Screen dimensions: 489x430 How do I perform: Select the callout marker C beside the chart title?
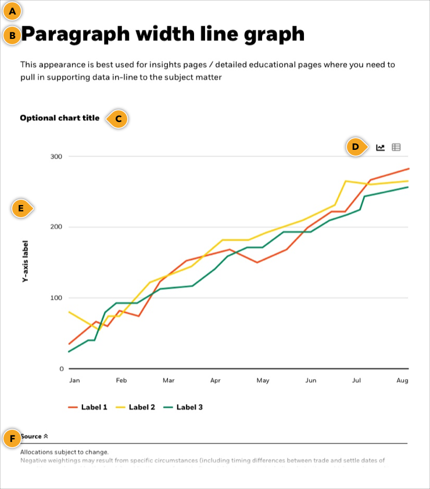(x=118, y=118)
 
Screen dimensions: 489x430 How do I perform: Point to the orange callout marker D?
(x=356, y=147)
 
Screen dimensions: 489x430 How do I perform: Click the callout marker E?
(x=21, y=208)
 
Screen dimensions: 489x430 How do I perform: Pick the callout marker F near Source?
(x=12, y=438)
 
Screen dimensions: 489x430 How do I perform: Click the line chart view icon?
(x=381, y=148)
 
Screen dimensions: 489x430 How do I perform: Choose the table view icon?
(x=396, y=148)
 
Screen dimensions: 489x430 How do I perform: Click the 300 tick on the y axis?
(x=57, y=157)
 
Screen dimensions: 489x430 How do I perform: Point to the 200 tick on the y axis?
(x=57, y=227)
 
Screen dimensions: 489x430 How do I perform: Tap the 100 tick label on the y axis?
(x=57, y=298)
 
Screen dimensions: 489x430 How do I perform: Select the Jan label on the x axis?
(x=74, y=381)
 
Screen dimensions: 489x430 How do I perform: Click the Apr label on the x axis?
(x=216, y=381)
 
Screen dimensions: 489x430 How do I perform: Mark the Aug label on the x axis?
(x=402, y=381)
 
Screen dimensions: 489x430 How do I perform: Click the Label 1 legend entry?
(x=88, y=407)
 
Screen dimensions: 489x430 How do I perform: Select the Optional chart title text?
(x=60, y=118)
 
